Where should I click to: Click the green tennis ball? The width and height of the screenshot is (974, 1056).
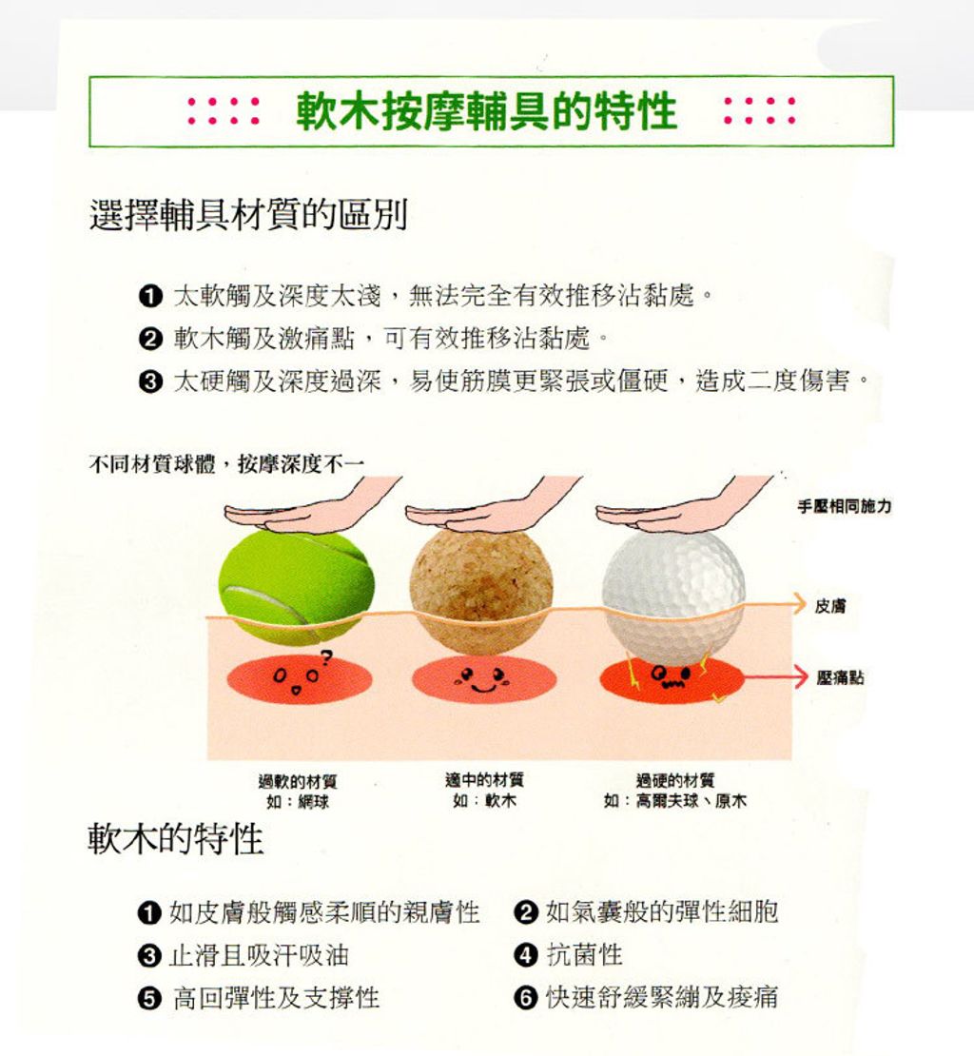[296, 586]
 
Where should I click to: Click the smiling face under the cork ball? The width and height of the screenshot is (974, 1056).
[482, 679]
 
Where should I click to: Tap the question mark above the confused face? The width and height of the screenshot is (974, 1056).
[326, 656]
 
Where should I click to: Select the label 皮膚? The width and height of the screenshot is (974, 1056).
[830, 606]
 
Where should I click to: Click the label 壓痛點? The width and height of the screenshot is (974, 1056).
[840, 677]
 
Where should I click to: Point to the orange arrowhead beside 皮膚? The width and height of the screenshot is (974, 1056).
[799, 603]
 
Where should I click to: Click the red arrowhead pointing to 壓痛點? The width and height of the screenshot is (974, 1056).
[800, 675]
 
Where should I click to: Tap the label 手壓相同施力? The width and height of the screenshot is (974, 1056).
[844, 506]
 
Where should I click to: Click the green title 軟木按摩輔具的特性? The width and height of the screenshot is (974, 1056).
[486, 111]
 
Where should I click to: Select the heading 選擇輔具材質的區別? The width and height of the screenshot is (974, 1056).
[248, 215]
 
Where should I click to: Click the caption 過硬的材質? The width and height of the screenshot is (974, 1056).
[675, 780]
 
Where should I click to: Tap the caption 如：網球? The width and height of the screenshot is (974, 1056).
[298, 801]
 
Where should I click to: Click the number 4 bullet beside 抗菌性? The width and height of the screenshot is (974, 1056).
[526, 955]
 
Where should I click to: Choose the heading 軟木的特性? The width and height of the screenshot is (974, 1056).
[176, 839]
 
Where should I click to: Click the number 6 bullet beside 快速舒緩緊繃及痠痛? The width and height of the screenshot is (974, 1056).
[526, 997]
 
